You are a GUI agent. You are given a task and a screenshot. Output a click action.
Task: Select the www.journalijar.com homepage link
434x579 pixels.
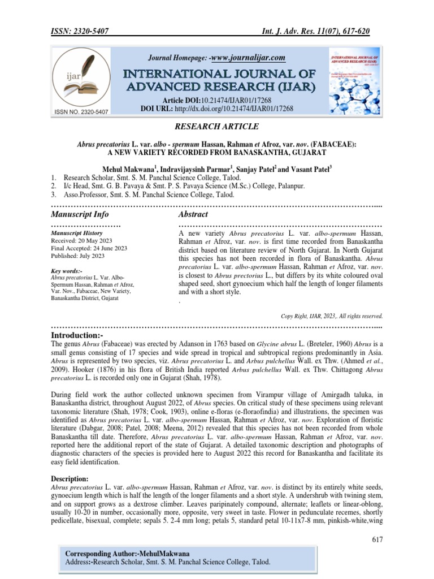click(246, 58)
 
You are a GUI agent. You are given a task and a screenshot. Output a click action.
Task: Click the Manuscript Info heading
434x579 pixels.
click(80, 214)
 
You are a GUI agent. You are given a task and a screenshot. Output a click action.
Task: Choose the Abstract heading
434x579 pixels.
click(193, 214)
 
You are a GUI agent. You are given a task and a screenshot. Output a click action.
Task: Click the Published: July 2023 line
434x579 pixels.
click(77, 256)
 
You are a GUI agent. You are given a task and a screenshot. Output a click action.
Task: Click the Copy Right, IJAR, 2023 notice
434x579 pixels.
click(332, 316)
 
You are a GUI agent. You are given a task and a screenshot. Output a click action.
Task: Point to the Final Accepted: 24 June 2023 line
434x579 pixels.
click(89, 248)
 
